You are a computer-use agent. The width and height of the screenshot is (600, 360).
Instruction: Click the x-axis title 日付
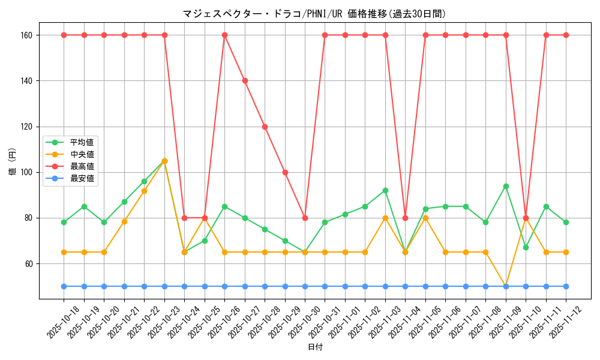tap(314, 347)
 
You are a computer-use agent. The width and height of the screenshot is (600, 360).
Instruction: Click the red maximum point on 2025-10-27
tap(245, 80)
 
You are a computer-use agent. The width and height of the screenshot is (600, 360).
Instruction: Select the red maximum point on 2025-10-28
tap(265, 127)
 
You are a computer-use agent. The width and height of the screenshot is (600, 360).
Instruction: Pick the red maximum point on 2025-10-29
tap(285, 172)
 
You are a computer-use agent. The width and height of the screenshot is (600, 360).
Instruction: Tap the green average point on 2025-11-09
tap(506, 186)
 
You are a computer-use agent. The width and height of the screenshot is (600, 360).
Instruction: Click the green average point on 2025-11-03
tap(385, 190)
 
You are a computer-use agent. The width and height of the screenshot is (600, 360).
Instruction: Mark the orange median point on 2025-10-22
tap(144, 191)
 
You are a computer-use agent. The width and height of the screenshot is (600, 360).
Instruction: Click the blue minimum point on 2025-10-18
tap(64, 286)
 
